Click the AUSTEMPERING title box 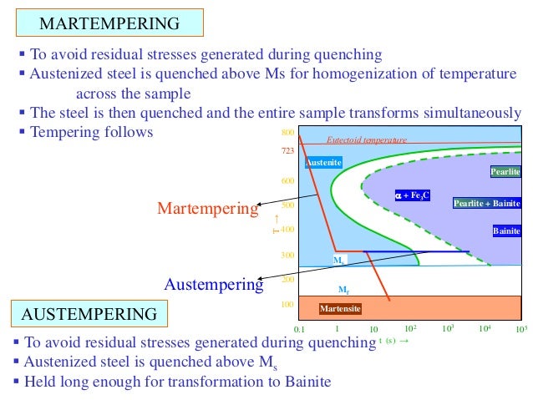pyautogui.click(x=89, y=314)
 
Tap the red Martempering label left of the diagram pyautogui.click(x=207, y=209)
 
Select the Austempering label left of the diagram pyautogui.click(x=213, y=284)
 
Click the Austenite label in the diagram pyautogui.click(x=324, y=162)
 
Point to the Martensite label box pyautogui.click(x=341, y=309)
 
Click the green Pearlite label pyautogui.click(x=505, y=172)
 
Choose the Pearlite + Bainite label pyautogui.click(x=487, y=203)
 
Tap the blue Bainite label pyautogui.click(x=506, y=230)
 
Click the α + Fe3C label pyautogui.click(x=413, y=195)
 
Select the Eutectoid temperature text pyautogui.click(x=366, y=140)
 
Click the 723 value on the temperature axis pyautogui.click(x=287, y=153)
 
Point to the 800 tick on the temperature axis pyautogui.click(x=287, y=134)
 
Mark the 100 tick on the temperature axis pyautogui.click(x=287, y=305)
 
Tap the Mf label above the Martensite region pyautogui.click(x=343, y=290)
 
